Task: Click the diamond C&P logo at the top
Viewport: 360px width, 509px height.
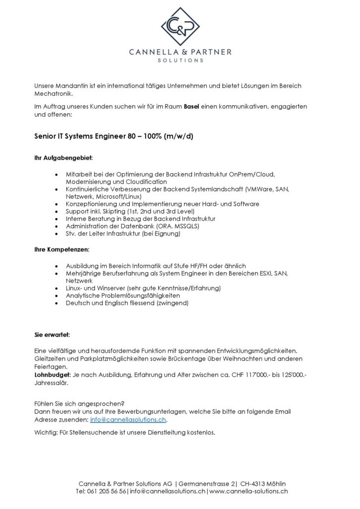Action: (180, 25)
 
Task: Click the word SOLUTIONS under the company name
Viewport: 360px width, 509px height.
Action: (180, 60)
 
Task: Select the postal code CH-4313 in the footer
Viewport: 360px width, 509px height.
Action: (253, 483)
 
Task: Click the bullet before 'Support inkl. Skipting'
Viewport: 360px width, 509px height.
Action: (60, 211)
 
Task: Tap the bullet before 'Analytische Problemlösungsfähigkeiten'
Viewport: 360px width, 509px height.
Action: (60, 295)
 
